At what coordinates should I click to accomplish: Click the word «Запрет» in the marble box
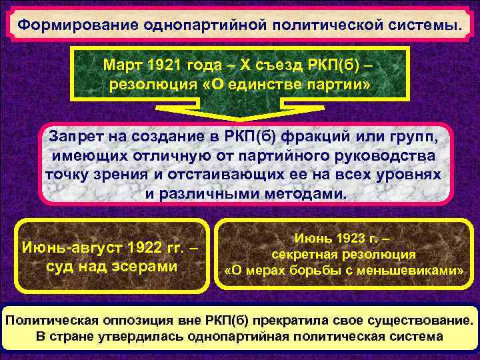tap(75, 137)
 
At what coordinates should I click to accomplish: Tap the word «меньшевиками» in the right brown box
tap(409, 271)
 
